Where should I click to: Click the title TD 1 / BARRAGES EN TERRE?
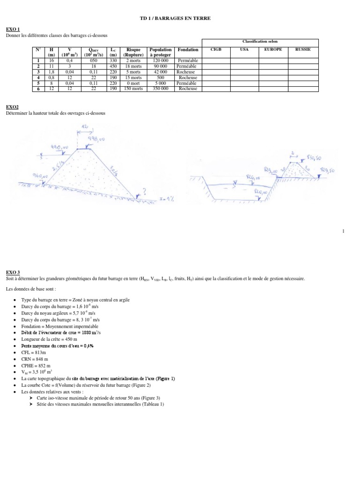(x=180, y=18)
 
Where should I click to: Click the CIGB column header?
(x=216, y=49)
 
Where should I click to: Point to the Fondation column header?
(x=188, y=49)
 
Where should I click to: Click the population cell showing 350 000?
(x=160, y=88)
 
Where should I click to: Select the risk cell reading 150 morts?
(x=134, y=88)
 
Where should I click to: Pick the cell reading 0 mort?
(x=134, y=83)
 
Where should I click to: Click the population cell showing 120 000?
(x=160, y=60)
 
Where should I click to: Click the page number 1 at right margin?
(x=343, y=231)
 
